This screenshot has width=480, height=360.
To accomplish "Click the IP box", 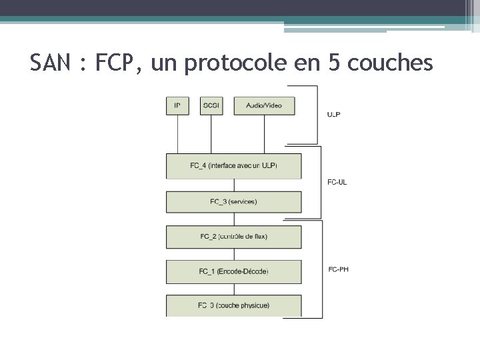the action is [x=177, y=105].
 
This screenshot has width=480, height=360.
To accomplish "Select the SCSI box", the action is [x=211, y=105].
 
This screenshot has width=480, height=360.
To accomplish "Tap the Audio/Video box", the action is [x=264, y=105].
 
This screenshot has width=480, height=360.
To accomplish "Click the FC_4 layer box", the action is [x=233, y=166].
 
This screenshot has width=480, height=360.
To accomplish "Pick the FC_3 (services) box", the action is [x=233, y=201].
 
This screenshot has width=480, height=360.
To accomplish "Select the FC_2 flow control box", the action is [x=233, y=237].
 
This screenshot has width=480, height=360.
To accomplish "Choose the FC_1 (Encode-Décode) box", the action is [x=233, y=271].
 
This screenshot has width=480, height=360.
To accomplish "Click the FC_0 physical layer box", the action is [x=233, y=305].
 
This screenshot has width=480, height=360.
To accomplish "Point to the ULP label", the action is [x=334, y=114].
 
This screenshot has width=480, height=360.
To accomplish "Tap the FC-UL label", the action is [x=337, y=182].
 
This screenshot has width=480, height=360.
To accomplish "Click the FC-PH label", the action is [x=339, y=269].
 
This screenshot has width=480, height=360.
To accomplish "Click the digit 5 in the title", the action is [x=334, y=63].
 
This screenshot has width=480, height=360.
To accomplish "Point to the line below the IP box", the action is [x=178, y=133].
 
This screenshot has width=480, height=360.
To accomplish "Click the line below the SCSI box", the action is [x=211, y=133].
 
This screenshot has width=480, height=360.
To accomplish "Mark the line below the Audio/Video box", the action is [x=264, y=133].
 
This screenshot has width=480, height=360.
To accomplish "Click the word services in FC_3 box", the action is [x=243, y=201].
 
